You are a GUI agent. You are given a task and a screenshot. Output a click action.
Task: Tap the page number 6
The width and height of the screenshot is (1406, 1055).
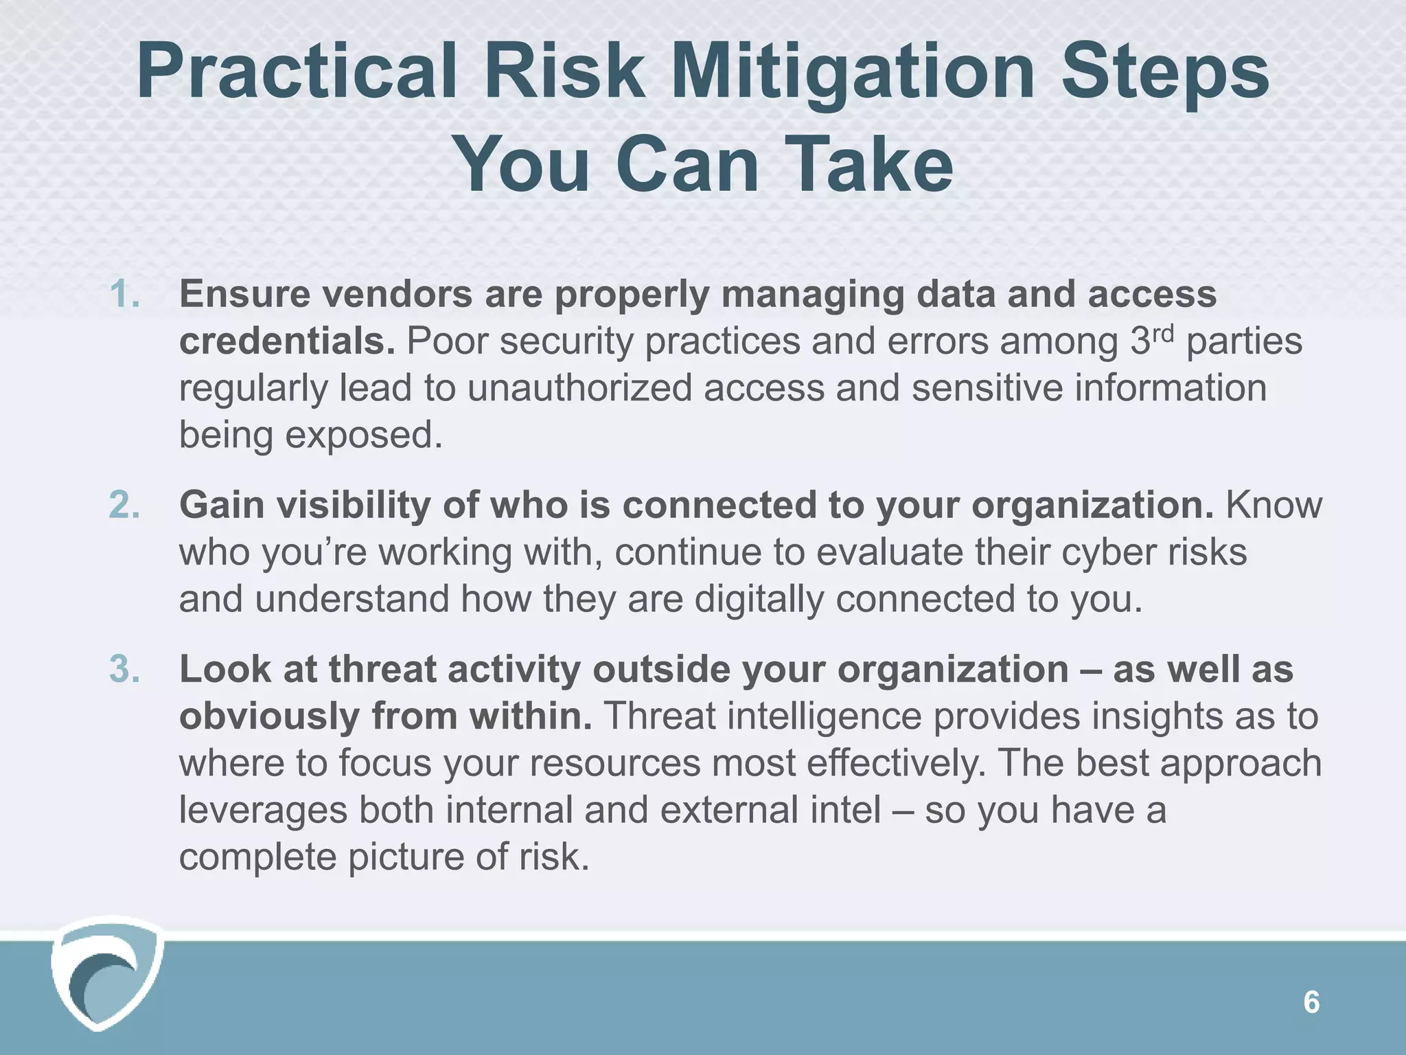coord(1311,1003)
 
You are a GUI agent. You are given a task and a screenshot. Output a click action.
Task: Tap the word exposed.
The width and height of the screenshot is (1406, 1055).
coord(364,435)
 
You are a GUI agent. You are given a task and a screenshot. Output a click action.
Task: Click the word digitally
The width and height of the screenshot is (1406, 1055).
coord(759,599)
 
